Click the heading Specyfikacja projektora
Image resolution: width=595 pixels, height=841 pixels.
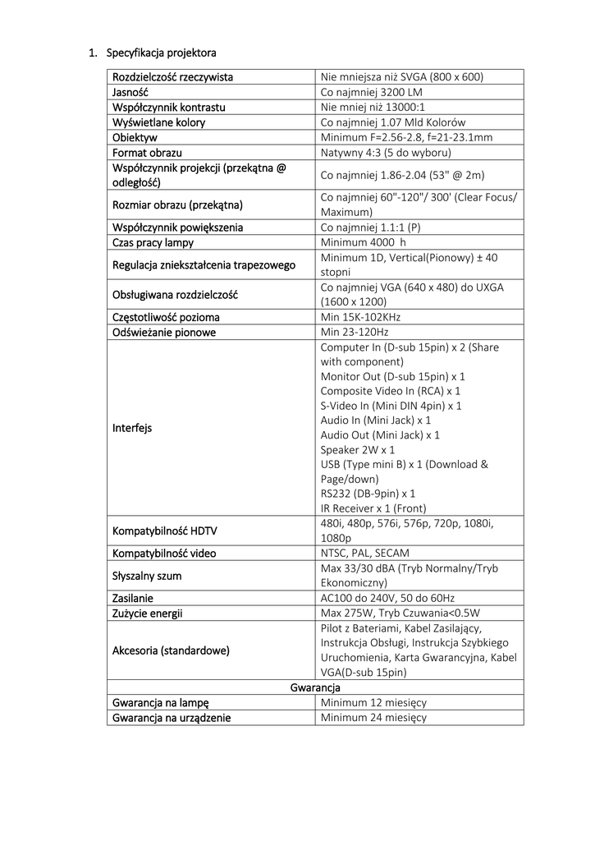click(x=161, y=53)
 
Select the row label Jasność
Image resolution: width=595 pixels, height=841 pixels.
click(x=130, y=93)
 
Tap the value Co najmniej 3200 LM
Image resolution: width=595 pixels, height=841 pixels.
click(x=371, y=93)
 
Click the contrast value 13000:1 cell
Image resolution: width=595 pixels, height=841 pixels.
click(x=373, y=108)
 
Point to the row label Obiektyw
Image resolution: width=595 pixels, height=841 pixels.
click(x=135, y=137)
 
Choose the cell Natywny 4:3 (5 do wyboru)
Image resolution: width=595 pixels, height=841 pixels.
click(x=386, y=153)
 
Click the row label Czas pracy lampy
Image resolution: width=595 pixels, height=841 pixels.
click(x=153, y=242)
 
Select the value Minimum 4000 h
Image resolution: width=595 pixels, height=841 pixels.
click(x=364, y=242)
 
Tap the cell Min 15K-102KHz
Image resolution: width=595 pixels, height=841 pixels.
click(x=360, y=317)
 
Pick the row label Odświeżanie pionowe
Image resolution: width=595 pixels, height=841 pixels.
click(x=164, y=332)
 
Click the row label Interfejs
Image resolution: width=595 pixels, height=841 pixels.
click(x=132, y=428)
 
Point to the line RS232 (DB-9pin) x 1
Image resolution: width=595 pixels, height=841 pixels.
click(x=368, y=494)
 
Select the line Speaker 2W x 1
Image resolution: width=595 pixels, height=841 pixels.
click(x=357, y=450)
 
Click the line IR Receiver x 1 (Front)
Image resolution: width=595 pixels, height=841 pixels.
click(x=373, y=508)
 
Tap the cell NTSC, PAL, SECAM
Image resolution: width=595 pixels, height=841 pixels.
click(x=364, y=553)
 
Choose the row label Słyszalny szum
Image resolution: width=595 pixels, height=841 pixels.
click(x=147, y=576)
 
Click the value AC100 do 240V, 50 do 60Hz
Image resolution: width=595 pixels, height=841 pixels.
click(x=387, y=598)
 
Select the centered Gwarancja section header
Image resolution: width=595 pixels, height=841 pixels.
click(x=315, y=687)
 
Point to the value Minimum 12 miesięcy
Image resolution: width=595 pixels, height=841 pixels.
click(x=373, y=702)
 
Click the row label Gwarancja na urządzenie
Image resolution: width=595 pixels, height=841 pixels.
click(x=172, y=717)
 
